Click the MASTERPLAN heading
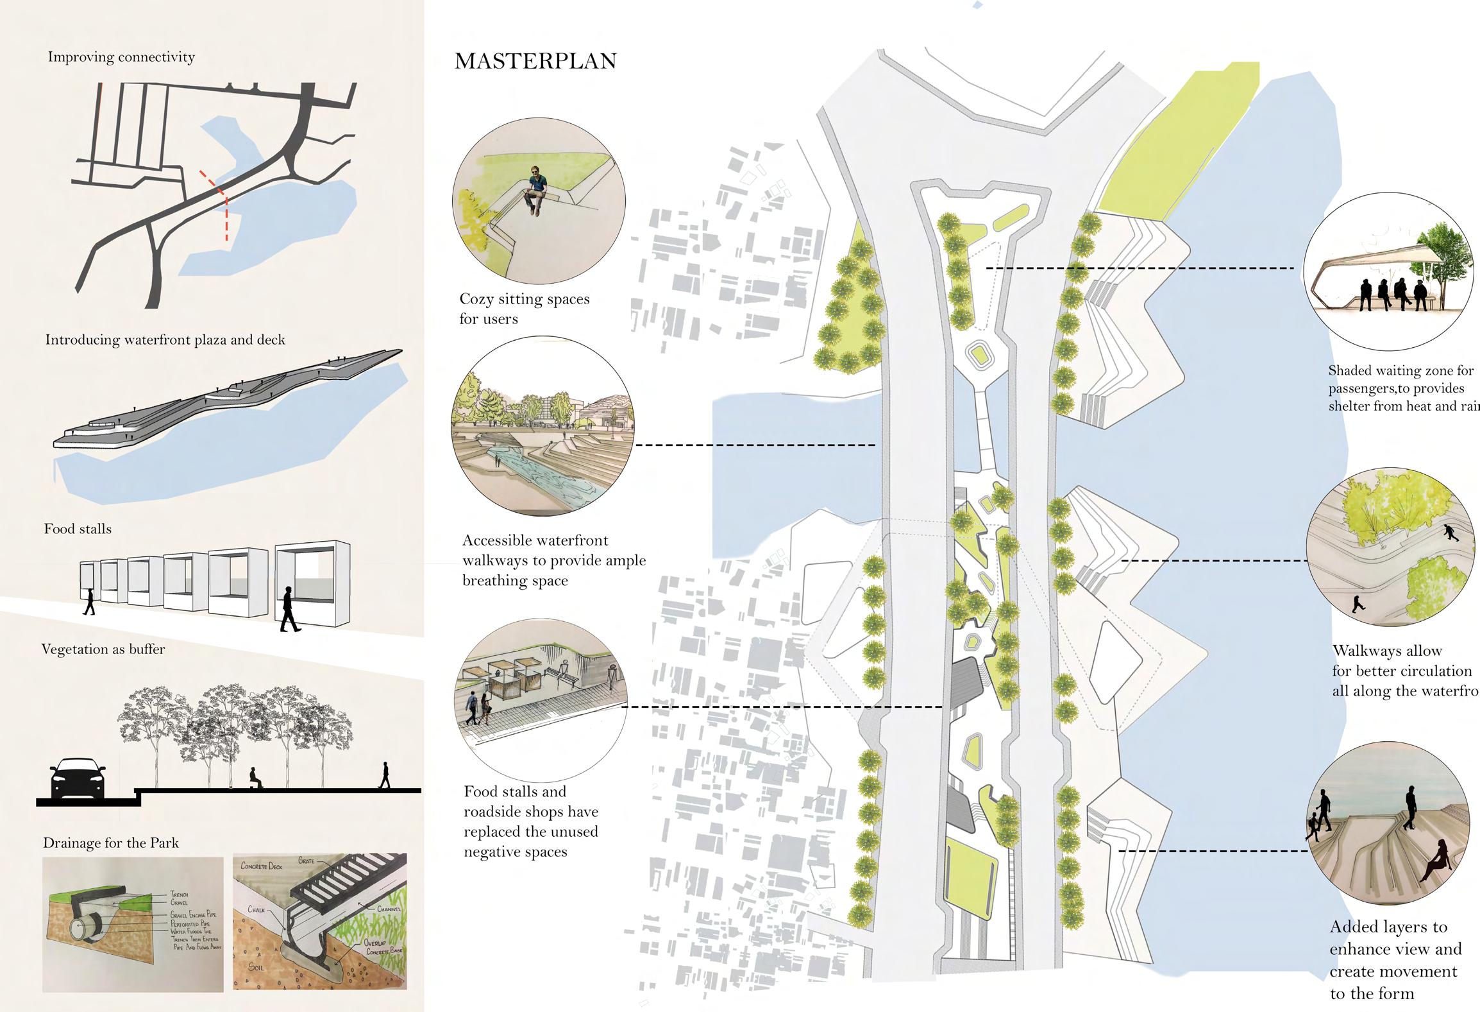tap(535, 61)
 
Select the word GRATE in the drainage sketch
tap(307, 861)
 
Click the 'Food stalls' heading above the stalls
tap(78, 529)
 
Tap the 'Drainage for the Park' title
tap(111, 843)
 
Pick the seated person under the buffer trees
tap(255, 779)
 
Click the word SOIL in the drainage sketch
tap(256, 968)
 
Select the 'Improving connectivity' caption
tap(121, 57)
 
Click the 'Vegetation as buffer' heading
tap(103, 649)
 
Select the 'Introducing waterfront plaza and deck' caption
tap(165, 339)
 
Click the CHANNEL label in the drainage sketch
tap(389, 909)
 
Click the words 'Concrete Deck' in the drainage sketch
tap(262, 866)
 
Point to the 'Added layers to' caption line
tap(1388, 927)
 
